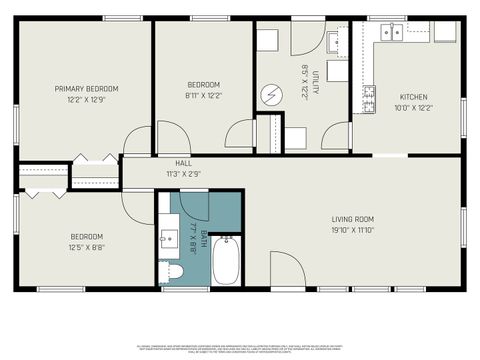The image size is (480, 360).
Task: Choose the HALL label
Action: (183, 163)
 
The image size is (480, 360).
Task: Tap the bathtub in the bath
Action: (227, 261)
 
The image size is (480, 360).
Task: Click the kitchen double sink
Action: (389, 33)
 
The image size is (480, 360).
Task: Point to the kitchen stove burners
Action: (368, 97)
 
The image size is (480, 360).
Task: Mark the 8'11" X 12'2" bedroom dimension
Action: (205, 96)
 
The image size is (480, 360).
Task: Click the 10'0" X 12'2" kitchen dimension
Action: (413, 108)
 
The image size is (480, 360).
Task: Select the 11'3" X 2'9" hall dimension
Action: (183, 173)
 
